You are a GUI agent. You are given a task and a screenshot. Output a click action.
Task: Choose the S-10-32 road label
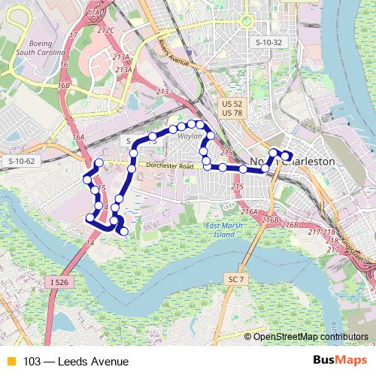(268, 43)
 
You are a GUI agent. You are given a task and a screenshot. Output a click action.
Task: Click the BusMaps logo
(340, 361)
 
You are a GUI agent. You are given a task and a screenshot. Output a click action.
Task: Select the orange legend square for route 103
(11, 362)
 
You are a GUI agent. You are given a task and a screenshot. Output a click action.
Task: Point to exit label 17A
(94, 14)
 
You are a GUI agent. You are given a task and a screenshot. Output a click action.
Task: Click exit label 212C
(106, 31)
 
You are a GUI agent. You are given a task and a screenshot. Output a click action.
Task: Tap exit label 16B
(63, 86)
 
